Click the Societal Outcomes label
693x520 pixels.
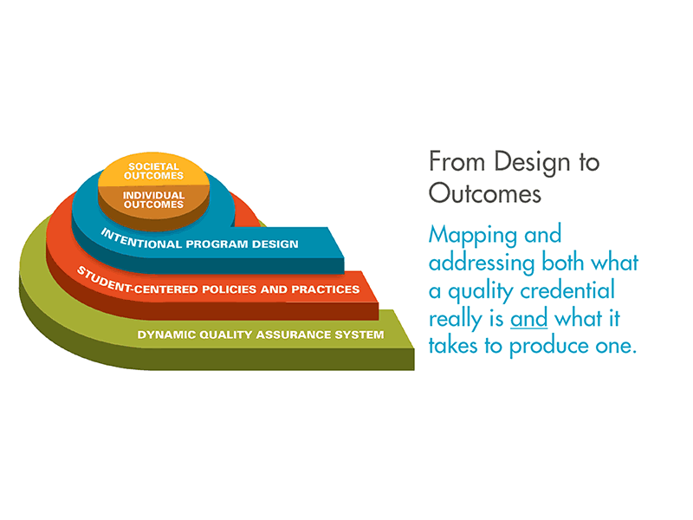coord(153,171)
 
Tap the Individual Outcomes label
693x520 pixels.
coord(153,200)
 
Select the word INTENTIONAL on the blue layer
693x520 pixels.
coord(140,240)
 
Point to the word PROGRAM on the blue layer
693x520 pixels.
coord(217,244)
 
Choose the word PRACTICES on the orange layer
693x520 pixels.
coord(326,289)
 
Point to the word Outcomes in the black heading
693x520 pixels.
coord(485,193)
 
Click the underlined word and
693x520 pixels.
coord(529,318)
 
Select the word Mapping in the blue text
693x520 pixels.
coord(472,236)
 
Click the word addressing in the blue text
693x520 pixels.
coord(482,263)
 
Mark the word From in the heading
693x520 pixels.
coord(457,161)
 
